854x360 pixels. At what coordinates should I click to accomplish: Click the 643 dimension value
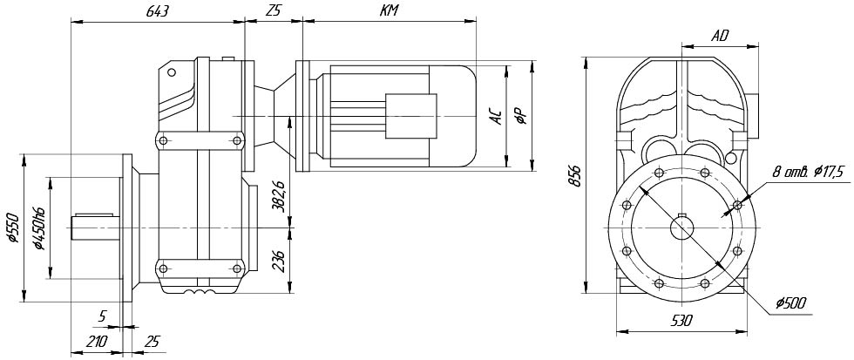pyautogui.click(x=157, y=11)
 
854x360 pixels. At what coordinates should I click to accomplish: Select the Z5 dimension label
pyautogui.click(x=273, y=11)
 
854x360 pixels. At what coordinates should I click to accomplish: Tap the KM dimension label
pyautogui.click(x=389, y=11)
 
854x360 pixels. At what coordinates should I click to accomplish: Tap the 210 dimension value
pyautogui.click(x=97, y=342)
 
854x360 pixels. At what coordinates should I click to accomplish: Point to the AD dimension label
pyautogui.click(x=720, y=36)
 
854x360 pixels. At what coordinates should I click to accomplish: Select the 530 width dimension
pyautogui.click(x=681, y=322)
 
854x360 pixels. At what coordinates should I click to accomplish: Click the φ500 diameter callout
pyautogui.click(x=790, y=303)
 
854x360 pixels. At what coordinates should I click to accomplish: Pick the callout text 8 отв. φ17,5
pyautogui.click(x=808, y=173)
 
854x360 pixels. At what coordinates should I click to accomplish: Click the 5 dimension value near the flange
pyautogui.click(x=103, y=316)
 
